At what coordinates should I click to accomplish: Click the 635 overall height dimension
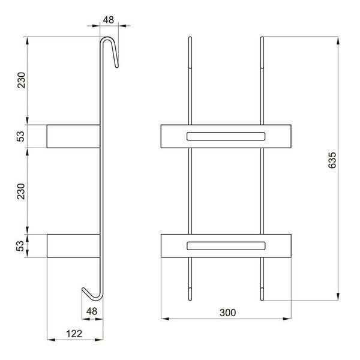coord(332,160)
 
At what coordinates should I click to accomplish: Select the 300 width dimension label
coord(227,313)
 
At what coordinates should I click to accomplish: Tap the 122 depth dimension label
coord(74,334)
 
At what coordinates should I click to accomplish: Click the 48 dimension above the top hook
coord(109,20)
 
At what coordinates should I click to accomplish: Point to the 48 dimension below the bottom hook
coord(92,311)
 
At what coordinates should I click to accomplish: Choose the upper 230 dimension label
coord(22,80)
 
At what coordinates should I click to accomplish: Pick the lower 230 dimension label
coord(20,191)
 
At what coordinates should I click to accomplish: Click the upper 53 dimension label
coord(20,136)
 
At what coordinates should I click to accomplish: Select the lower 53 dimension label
coord(20,246)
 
